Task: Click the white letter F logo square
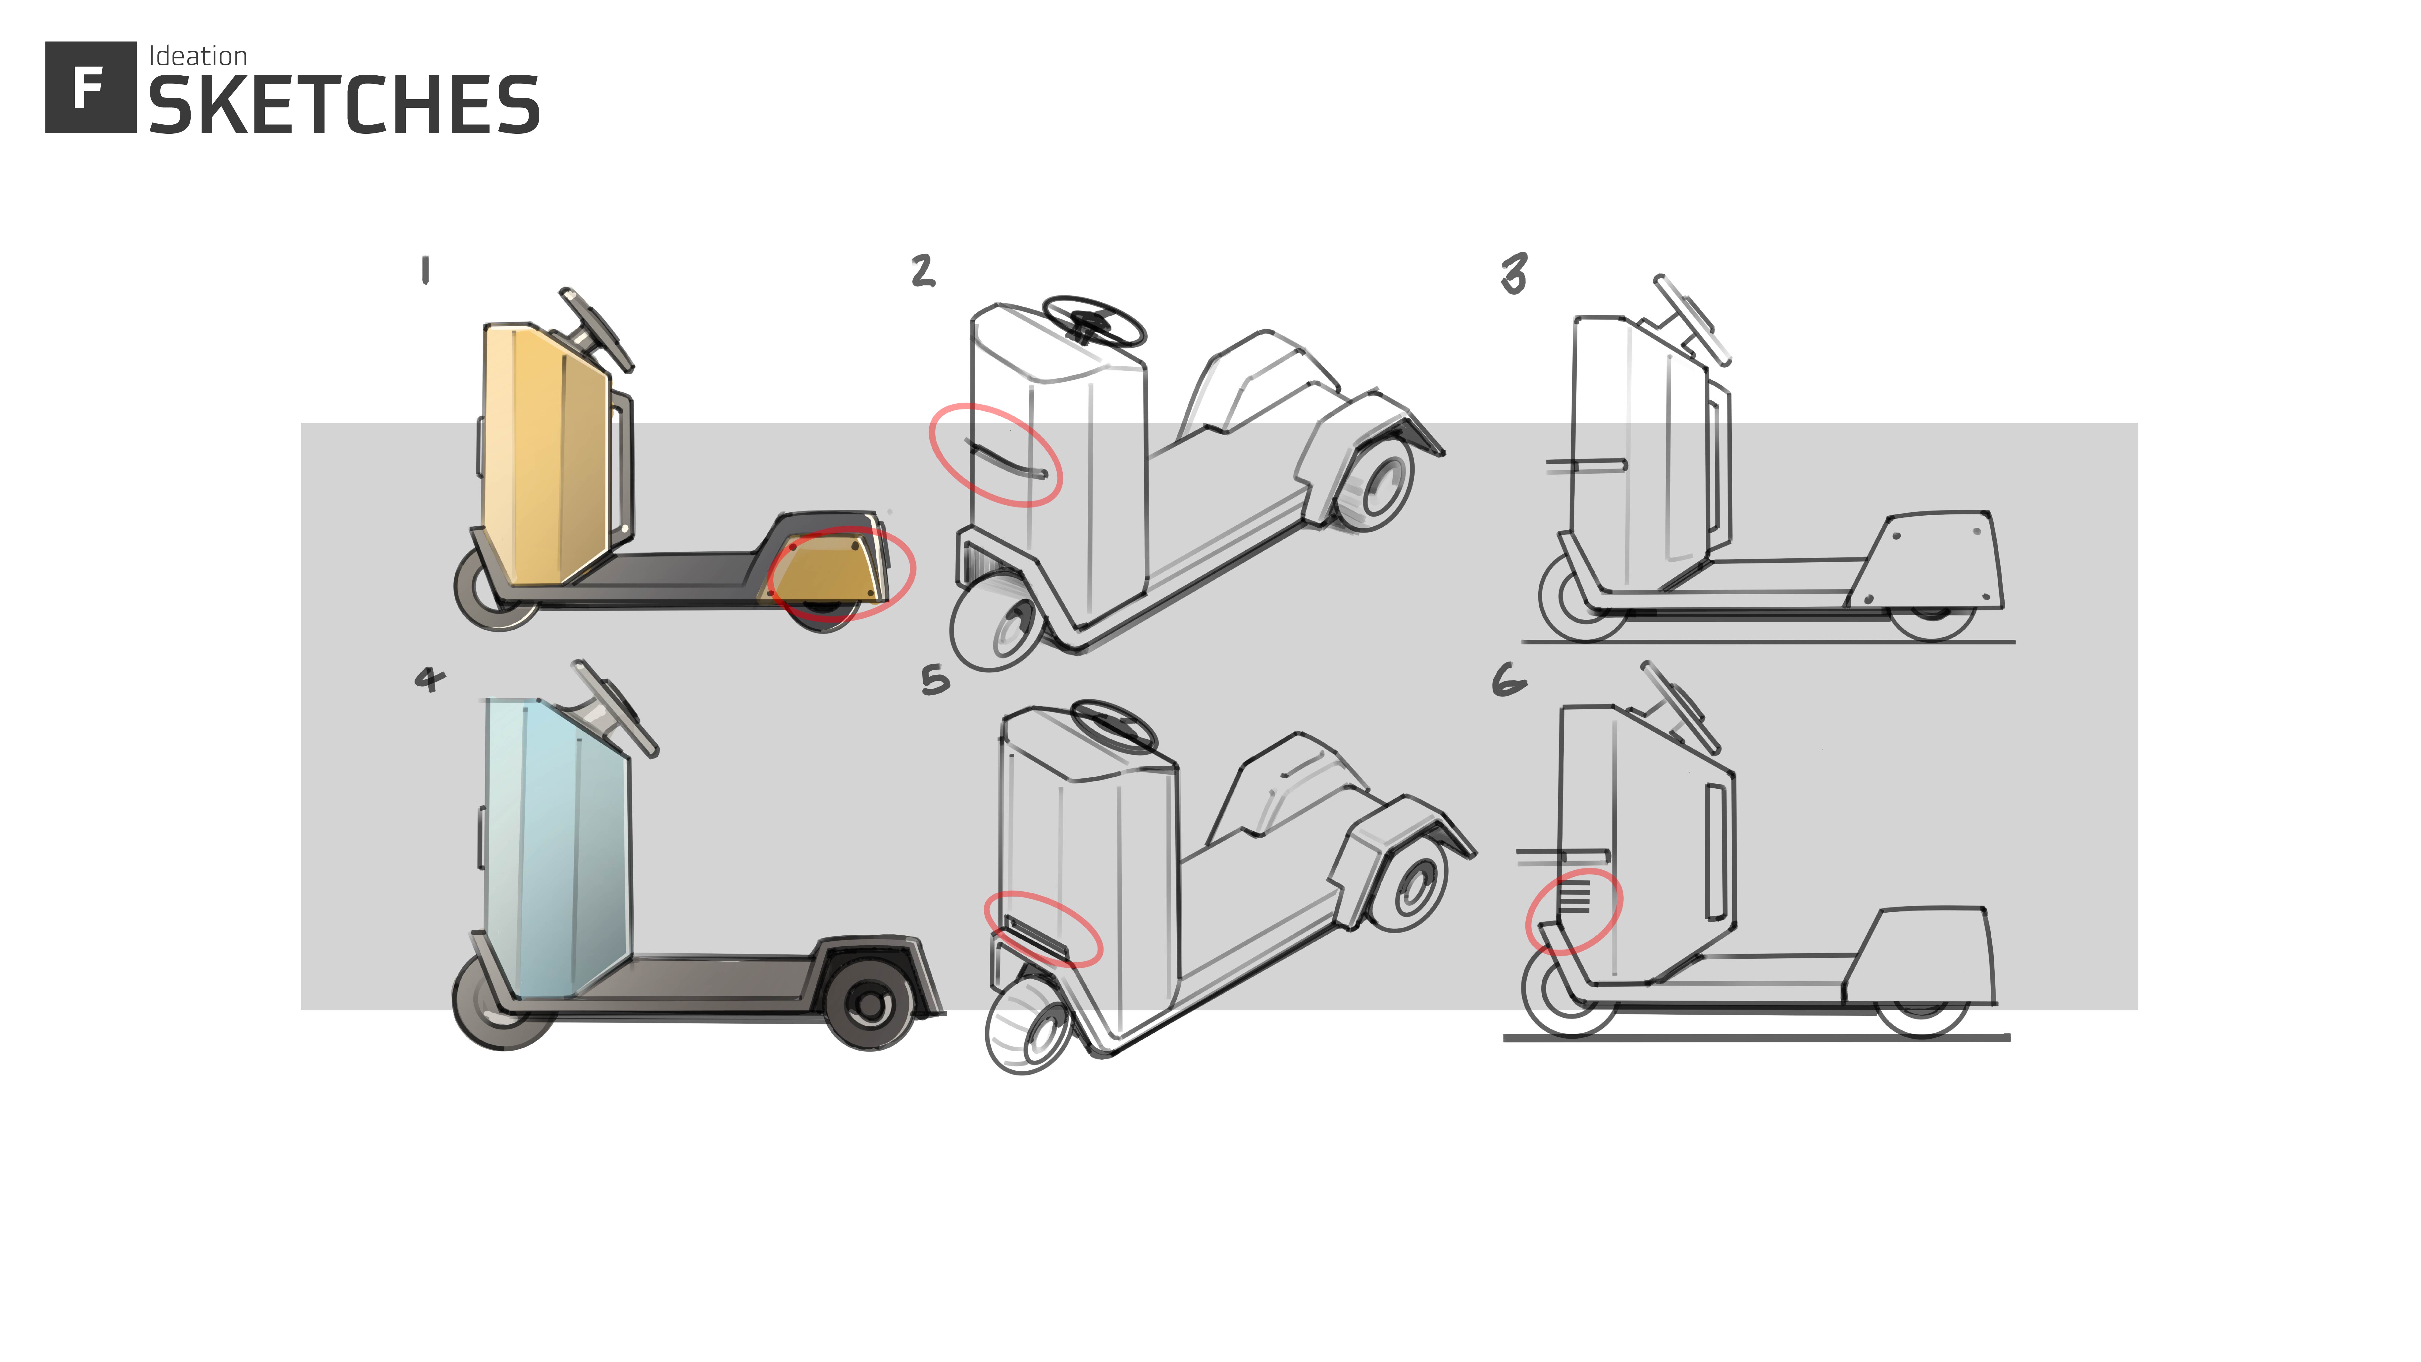(90, 87)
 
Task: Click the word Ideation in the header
(197, 56)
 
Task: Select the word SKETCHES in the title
(344, 105)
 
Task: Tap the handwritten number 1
(426, 271)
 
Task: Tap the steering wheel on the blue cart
(615, 708)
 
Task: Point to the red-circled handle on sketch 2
(1005, 461)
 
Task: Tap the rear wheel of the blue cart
(869, 1004)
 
